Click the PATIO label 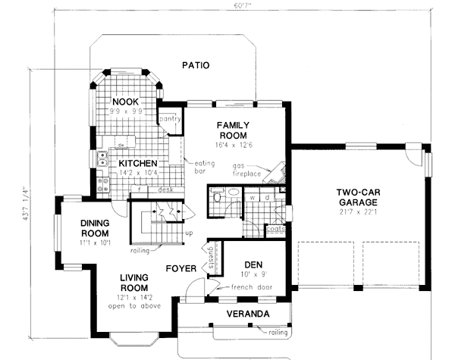[x=196, y=66]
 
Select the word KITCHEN [x=137, y=163]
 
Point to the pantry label [x=168, y=119]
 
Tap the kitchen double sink [x=102, y=159]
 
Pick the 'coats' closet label [x=275, y=227]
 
